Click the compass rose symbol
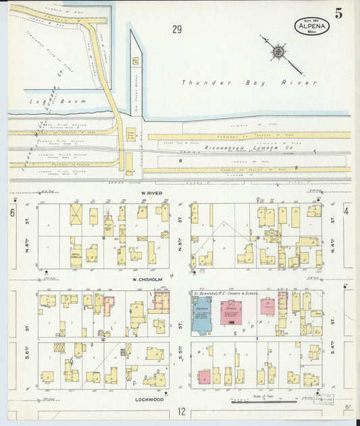[x=278, y=51]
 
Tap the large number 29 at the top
[x=177, y=29]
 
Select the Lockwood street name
[x=154, y=399]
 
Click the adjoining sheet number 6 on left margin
[x=12, y=213]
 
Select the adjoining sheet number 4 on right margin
[x=346, y=211]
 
